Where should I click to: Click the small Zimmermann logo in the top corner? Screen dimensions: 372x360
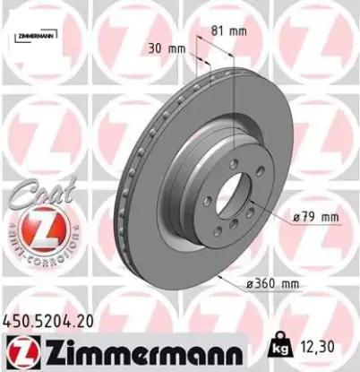[x=35, y=36]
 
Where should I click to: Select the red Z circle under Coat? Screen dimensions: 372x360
[x=34, y=228]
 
